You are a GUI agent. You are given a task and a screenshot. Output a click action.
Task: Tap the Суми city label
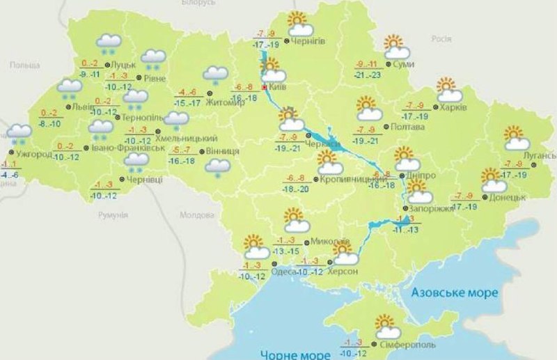coord(405,64)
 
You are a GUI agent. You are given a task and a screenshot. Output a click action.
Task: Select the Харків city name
coord(453,108)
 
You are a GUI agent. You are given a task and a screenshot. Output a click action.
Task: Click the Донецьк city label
coord(508,197)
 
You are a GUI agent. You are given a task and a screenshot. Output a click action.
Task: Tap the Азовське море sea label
coord(454,292)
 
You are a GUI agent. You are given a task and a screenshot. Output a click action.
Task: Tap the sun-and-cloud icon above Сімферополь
coord(387,325)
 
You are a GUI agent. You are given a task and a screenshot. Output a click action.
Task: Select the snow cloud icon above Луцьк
coord(109,43)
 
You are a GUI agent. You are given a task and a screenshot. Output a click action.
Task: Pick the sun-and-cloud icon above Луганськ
coord(515,138)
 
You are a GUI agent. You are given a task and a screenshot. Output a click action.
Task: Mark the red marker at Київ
coord(264,88)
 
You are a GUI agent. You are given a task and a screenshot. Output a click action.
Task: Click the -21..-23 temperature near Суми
coord(368,75)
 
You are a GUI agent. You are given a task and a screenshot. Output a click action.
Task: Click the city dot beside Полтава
coord(389,128)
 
